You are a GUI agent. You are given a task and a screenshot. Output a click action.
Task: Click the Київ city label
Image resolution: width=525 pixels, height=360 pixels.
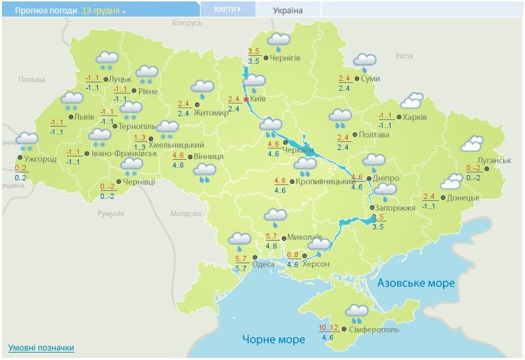point(258,99)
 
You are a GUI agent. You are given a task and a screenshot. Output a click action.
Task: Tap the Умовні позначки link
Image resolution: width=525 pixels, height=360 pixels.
point(41,348)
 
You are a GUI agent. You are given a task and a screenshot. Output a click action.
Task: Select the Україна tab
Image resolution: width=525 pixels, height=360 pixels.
point(288,10)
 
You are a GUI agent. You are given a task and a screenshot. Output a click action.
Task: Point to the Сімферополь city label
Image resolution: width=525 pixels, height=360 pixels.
point(374,329)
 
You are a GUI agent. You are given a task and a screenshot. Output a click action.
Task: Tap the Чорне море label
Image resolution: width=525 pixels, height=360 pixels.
point(273,339)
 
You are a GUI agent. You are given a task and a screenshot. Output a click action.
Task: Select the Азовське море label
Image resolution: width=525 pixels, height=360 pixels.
point(416,283)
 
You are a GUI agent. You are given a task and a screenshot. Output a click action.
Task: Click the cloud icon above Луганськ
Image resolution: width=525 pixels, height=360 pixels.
point(472,145)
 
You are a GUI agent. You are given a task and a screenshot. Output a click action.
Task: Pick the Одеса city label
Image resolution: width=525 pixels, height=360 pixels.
point(263,264)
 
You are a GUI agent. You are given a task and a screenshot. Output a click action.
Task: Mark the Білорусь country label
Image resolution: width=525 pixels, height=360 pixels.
point(187,23)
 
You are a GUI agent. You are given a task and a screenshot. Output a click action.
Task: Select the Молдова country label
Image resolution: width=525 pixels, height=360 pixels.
point(186,213)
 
